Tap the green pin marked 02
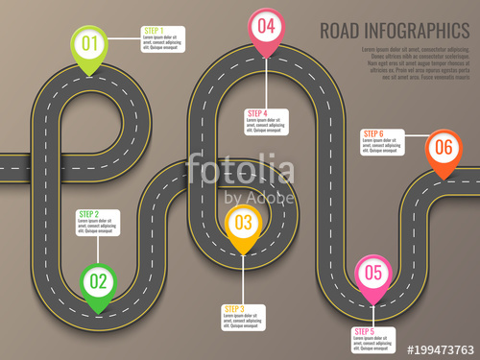tap(97, 281)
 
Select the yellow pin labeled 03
tap(243, 224)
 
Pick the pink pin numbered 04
tap(266, 26)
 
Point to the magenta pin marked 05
tap(373, 273)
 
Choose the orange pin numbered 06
tap(443, 148)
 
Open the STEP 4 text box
tap(266, 122)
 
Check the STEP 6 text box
tap(384, 141)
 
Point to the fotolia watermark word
tap(240, 172)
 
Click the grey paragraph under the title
tap(415, 62)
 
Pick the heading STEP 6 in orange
tap(373, 133)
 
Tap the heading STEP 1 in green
tap(154, 31)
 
